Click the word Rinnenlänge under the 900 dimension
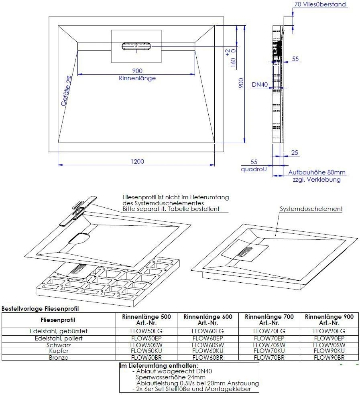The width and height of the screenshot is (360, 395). (x=137, y=78)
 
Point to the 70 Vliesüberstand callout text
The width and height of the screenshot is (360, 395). (x=320, y=4)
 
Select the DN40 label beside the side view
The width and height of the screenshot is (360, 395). (x=260, y=85)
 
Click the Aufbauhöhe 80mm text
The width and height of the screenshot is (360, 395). (x=317, y=172)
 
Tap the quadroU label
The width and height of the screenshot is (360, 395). (x=254, y=169)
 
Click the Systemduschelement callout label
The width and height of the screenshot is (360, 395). (x=311, y=209)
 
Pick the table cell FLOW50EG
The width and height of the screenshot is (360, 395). (x=146, y=331)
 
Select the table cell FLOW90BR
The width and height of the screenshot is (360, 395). (x=329, y=357)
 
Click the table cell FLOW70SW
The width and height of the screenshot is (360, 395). (x=269, y=344)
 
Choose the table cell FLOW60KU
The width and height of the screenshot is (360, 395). (x=208, y=351)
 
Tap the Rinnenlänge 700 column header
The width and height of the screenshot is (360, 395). (x=269, y=320)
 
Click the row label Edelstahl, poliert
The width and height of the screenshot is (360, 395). (x=58, y=338)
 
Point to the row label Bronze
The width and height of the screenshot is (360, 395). (x=58, y=357)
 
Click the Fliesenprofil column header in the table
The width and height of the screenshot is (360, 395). (x=58, y=320)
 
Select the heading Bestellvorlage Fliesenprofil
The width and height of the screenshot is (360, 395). (x=40, y=308)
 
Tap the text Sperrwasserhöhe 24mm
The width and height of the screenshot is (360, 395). (x=171, y=377)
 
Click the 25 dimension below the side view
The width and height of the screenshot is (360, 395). (x=295, y=152)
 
